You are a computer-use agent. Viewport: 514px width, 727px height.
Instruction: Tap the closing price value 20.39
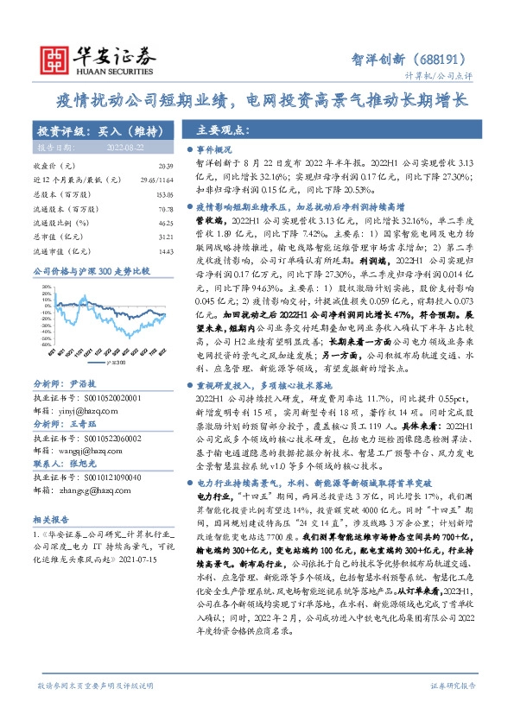click(166, 164)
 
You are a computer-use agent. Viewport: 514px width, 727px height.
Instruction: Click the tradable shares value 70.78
click(166, 210)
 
